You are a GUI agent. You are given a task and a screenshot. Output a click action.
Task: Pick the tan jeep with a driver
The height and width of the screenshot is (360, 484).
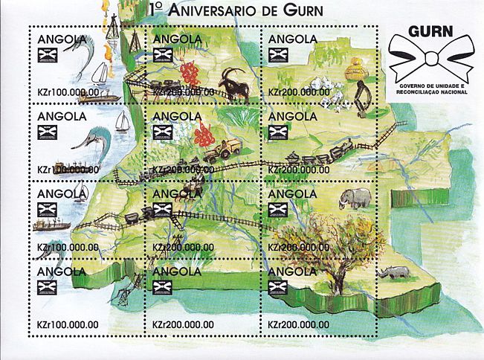pyautogui.click(x=222, y=150)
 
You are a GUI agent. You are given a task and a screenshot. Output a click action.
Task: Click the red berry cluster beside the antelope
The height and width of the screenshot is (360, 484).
pyautogui.click(x=190, y=73)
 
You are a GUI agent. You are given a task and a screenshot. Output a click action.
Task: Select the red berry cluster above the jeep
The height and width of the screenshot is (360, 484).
pyautogui.click(x=204, y=135)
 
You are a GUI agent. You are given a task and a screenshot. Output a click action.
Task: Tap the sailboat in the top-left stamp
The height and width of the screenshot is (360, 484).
pyautogui.click(x=100, y=74)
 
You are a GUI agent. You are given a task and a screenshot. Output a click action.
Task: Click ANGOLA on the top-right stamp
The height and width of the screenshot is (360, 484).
pyautogui.click(x=292, y=39)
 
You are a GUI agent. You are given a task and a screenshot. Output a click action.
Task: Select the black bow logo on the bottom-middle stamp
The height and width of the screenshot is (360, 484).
pyautogui.click(x=163, y=287)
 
